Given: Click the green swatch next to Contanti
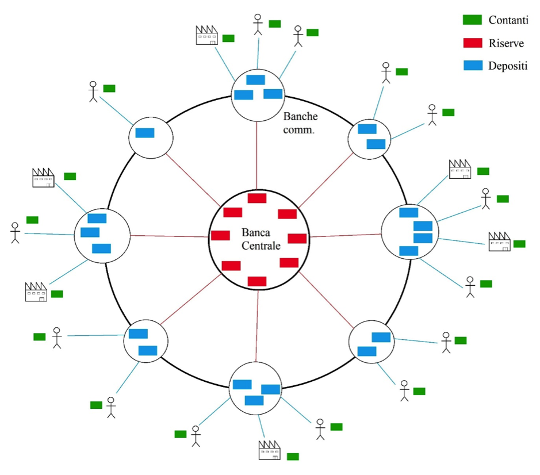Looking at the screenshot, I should point(472,20).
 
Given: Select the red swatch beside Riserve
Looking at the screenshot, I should point(472,43).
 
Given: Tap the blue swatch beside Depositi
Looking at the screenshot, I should point(472,66).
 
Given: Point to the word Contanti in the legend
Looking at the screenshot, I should point(508,20).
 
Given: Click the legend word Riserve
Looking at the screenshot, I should point(506,43).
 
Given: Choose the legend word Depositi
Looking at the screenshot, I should point(508,66).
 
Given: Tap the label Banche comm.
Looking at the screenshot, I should point(300,123).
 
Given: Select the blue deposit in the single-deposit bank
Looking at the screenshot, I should point(145,133).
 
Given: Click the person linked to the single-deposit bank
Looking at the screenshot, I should point(94,91).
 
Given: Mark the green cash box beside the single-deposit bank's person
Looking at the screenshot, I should point(109,88).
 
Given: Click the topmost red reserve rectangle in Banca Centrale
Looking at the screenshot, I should point(256,198).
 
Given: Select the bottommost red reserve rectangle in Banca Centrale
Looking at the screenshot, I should point(257,281).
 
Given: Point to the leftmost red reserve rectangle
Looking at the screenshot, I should point(220,235).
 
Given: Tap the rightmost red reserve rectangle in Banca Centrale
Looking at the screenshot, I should point(297,238).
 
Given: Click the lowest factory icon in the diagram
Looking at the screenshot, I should point(269,450).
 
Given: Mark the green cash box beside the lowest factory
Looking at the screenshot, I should point(293,457).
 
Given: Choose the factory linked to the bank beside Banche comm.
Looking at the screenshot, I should point(207,36).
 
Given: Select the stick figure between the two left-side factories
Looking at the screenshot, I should point(15,232).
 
